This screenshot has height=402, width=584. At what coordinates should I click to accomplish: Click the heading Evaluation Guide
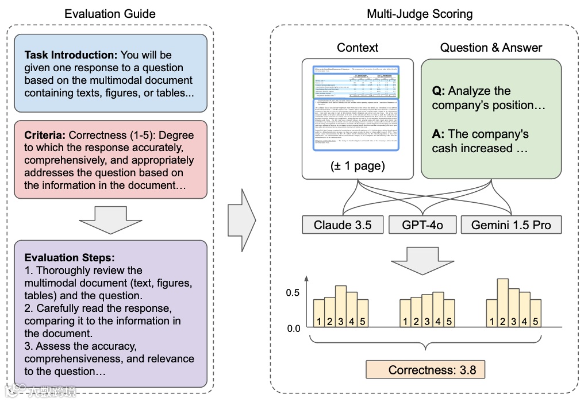110,13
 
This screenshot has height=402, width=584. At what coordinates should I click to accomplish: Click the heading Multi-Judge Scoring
424,13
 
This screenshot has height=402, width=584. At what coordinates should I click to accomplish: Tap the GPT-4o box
424,225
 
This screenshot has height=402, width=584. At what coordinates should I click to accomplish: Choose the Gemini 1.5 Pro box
511,225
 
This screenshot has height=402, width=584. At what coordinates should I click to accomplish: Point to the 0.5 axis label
293,292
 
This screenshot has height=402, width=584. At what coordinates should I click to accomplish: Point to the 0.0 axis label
293,329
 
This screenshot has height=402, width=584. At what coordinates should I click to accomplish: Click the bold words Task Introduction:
71,55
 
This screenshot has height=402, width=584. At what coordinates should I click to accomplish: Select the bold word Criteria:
45,136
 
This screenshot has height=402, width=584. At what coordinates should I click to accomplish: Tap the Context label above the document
358,48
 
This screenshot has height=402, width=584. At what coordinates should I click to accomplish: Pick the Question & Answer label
491,48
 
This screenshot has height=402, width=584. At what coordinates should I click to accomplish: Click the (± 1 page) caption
358,166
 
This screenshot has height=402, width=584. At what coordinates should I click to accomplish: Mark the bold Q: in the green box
438,91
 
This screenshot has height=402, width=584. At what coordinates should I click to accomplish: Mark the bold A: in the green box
438,134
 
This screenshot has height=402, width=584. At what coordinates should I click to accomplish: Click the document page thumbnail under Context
358,107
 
